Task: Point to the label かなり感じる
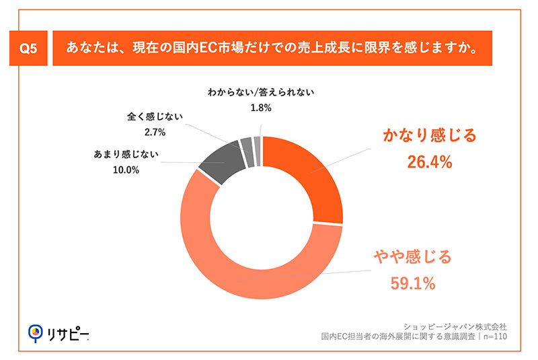coord(429,136)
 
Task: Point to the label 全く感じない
coord(155,116)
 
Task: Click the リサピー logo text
coord(67,333)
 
